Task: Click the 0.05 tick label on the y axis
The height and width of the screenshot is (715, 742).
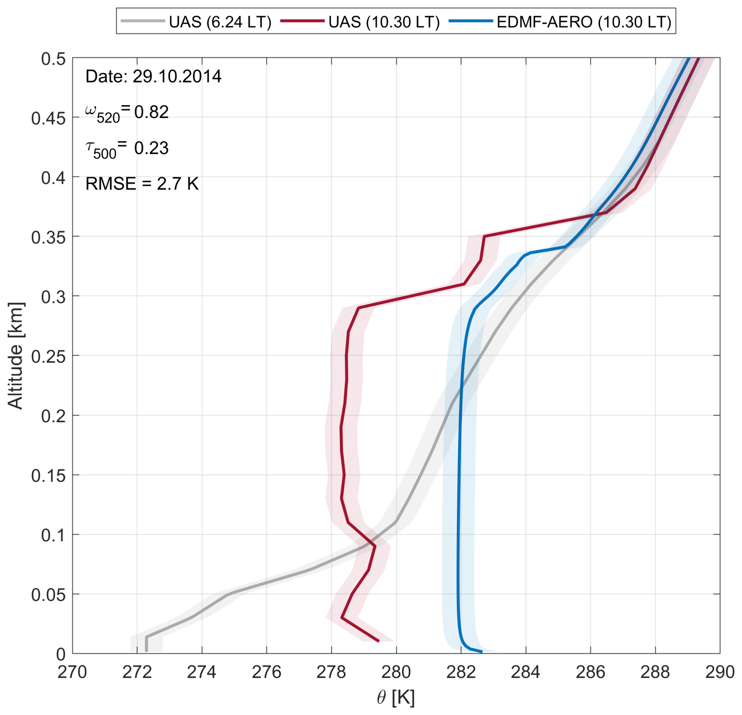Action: pyautogui.click(x=48, y=595)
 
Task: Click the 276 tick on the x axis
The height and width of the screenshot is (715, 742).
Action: pyautogui.click(x=266, y=672)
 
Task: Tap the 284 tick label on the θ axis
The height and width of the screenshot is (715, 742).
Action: pyautogui.click(x=526, y=672)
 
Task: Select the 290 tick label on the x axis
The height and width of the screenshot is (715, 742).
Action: pyautogui.click(x=720, y=672)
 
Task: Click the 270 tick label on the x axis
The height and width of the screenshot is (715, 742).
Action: pyautogui.click(x=72, y=672)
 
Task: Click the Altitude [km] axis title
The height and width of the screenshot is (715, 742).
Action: pyautogui.click(x=16, y=356)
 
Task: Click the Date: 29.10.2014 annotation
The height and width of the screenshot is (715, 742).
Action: pyautogui.click(x=153, y=76)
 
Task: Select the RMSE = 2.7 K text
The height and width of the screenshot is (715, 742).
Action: pyautogui.click(x=142, y=184)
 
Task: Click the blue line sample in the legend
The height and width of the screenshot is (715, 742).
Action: pyautogui.click(x=471, y=21)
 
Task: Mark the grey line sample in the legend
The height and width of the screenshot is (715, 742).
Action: pyautogui.click(x=143, y=21)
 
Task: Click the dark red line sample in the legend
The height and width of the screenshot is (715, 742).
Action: pyautogui.click(x=302, y=21)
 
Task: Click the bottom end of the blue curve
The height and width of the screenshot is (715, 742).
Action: pyautogui.click(x=481, y=651)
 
